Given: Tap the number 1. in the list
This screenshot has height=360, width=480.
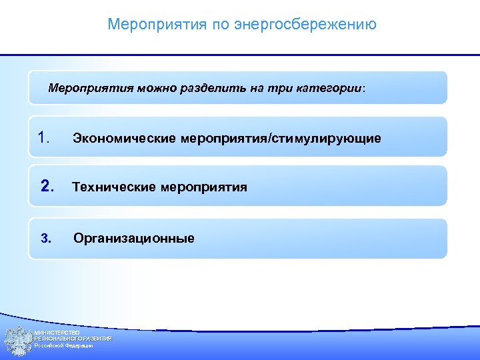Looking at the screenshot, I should [x=45, y=138].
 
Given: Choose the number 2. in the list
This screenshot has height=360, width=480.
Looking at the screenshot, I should [x=47, y=187].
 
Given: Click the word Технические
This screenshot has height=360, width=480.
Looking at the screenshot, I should [x=115, y=187].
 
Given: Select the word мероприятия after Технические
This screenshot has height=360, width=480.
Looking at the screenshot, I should [x=204, y=187].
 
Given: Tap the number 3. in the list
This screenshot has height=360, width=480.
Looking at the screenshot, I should [x=45, y=238].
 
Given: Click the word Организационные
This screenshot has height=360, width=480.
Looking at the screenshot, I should [x=134, y=238].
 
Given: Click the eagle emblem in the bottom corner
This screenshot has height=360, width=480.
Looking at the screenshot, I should [x=18, y=340].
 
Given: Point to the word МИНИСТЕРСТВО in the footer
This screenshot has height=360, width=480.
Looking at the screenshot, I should [x=57, y=332].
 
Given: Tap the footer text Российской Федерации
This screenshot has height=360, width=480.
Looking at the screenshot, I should [x=64, y=346].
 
